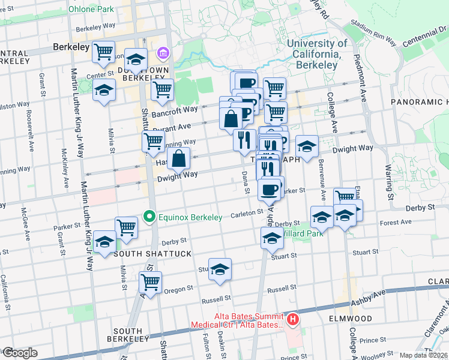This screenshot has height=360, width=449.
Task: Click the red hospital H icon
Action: pyautogui.click(x=293, y=319)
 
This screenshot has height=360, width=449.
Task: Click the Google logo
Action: pyautogui.click(x=19, y=353)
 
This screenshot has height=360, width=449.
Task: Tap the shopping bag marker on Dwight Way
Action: pyautogui.click(x=179, y=160)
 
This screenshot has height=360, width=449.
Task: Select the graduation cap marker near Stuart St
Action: pyautogui.click(x=220, y=269)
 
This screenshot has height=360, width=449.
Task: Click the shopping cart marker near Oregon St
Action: pyautogui.click(x=150, y=282)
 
